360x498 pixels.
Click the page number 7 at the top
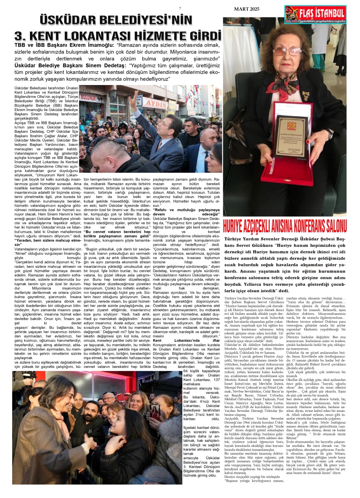(180, 8)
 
